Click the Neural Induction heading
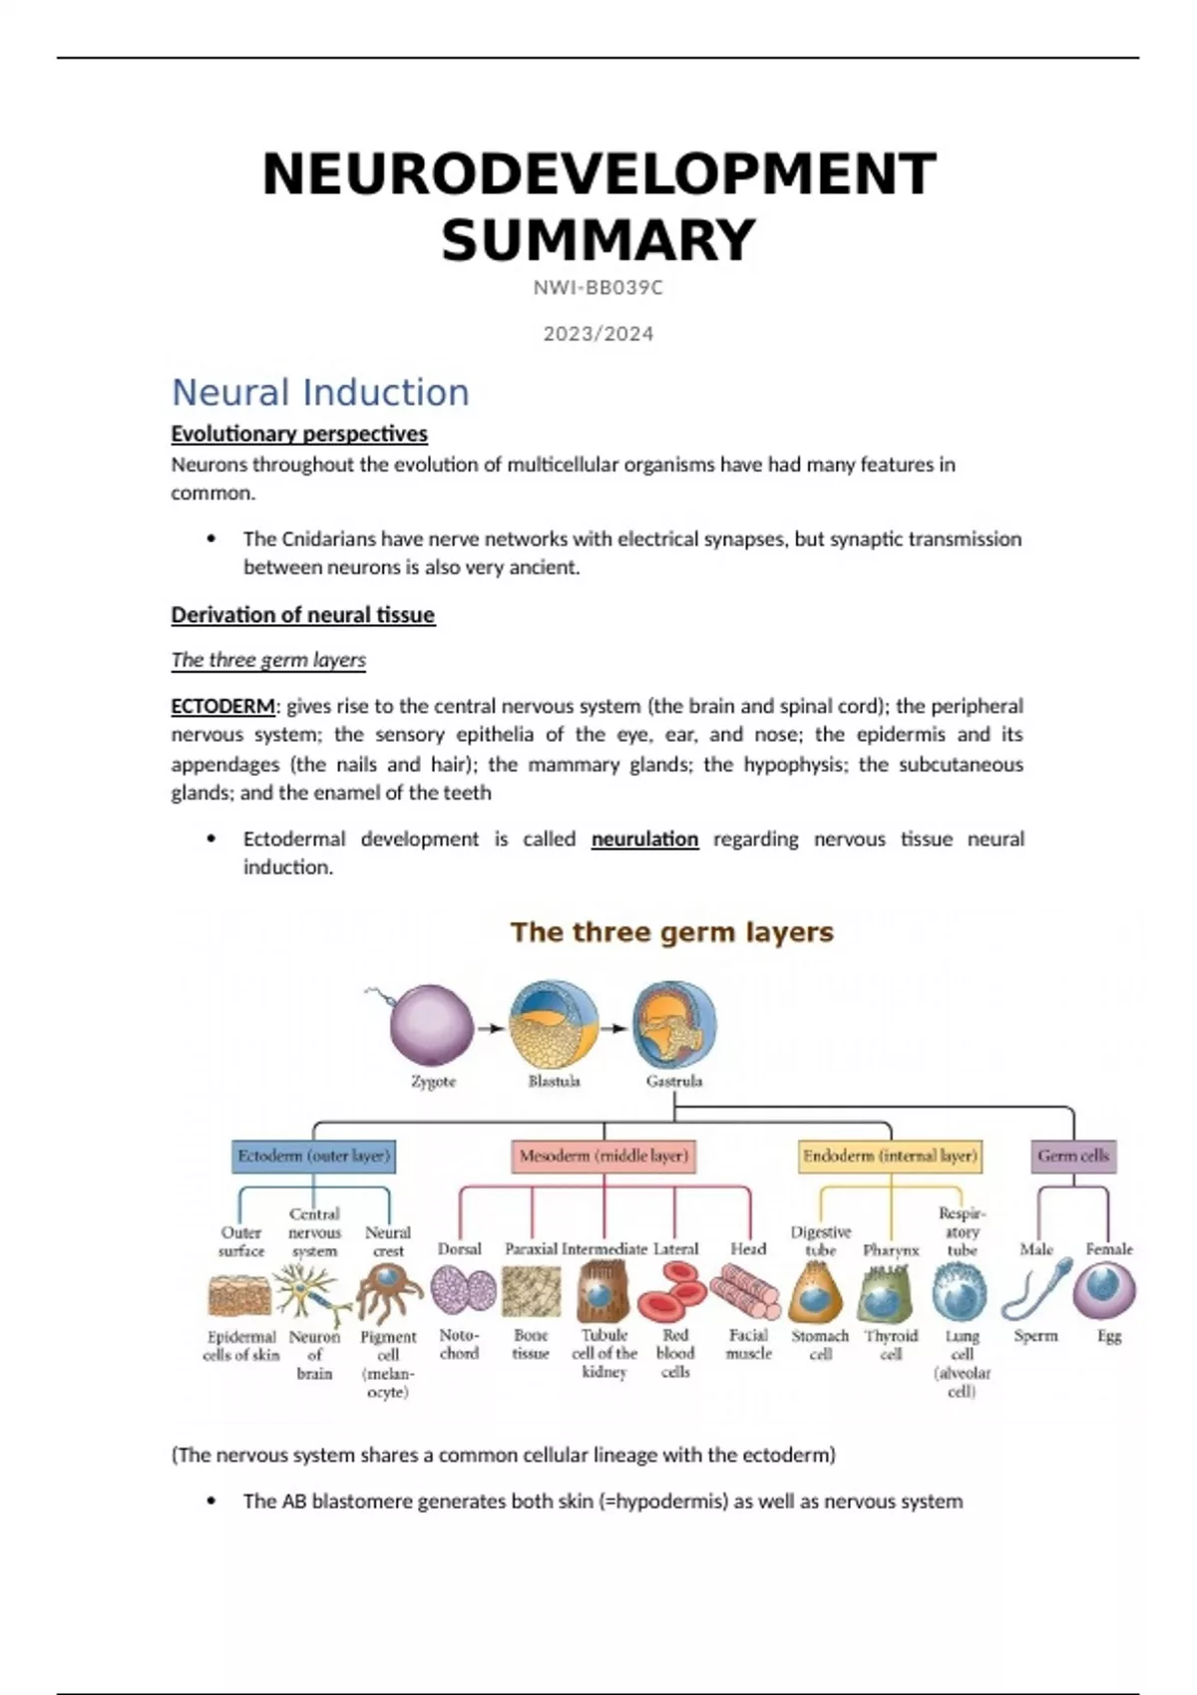click(x=320, y=393)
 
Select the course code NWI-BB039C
click(x=598, y=288)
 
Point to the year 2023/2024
click(x=598, y=334)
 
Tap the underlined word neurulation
click(x=644, y=840)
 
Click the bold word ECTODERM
click(x=222, y=707)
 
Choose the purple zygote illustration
click(x=431, y=1025)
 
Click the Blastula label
click(x=554, y=1081)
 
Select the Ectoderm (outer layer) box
click(x=314, y=1157)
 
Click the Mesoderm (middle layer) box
click(x=603, y=1157)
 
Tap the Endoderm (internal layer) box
click(x=890, y=1157)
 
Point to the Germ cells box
click(x=1073, y=1157)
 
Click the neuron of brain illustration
click(x=313, y=1293)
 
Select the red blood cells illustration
click(x=673, y=1292)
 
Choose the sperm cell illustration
click(x=1035, y=1292)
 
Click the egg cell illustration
click(x=1104, y=1290)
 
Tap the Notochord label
click(x=459, y=1344)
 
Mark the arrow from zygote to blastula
click(x=491, y=1029)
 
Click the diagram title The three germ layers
click(x=671, y=932)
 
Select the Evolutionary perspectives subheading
click(x=299, y=434)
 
